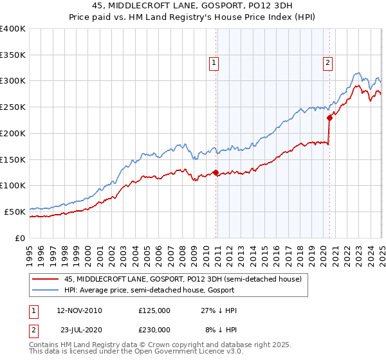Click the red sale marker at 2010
[216, 172]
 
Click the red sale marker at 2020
[329, 117]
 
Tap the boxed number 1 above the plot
[213, 62]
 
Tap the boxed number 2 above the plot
[327, 62]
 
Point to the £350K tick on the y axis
[12, 55]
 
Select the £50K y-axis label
[15, 212]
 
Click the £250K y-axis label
[12, 107]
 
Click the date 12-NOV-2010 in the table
[80, 310]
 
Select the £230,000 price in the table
[154, 330]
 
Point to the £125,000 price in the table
[154, 310]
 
